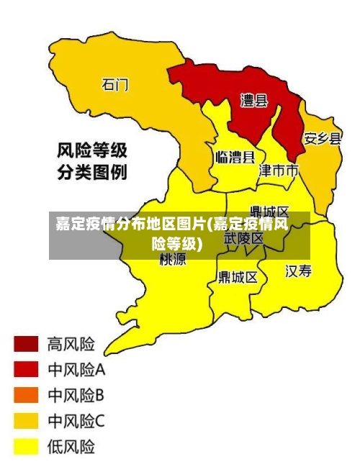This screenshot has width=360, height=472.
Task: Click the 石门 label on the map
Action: (x=115, y=85)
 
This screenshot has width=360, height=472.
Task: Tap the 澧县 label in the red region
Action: (x=253, y=101)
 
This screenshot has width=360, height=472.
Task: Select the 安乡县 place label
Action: (x=322, y=138)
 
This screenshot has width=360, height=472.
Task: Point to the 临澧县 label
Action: (x=235, y=158)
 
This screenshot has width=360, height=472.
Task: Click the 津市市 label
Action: (x=279, y=171)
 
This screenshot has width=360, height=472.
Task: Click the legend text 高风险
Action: (x=71, y=343)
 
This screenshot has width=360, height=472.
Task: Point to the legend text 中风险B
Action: (x=76, y=395)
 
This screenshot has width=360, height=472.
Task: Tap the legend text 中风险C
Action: (x=76, y=420)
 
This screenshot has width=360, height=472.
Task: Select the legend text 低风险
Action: (x=71, y=446)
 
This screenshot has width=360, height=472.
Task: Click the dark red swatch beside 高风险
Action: (x=26, y=344)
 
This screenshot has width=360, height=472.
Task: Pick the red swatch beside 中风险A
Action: (x=26, y=369)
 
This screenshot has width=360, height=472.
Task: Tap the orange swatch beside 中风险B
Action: (x=26, y=395)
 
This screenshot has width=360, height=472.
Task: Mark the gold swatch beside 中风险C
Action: (x=26, y=420)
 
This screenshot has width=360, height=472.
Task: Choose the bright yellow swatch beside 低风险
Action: (x=26, y=446)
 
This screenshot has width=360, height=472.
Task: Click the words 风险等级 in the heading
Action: (x=92, y=150)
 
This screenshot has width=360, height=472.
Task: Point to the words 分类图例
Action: (x=92, y=173)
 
